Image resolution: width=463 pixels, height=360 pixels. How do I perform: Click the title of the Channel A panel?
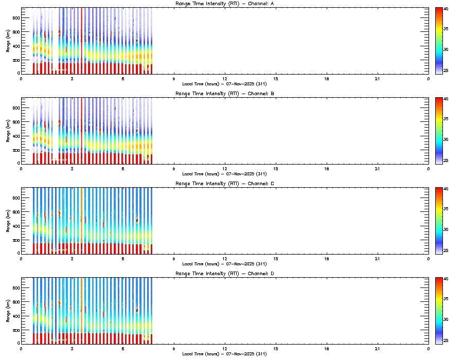point(224,4)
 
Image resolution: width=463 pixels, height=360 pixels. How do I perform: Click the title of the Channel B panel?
point(224,94)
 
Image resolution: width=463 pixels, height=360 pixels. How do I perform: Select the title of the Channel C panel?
point(224,184)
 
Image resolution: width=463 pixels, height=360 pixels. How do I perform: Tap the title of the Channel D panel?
point(224,274)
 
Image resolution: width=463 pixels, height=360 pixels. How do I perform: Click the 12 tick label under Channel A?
point(225,79)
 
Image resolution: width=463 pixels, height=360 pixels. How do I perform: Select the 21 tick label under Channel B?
point(378,169)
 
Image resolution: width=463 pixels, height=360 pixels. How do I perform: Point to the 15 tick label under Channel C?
point(276,258)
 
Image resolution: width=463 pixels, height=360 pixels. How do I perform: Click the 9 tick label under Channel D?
point(174,348)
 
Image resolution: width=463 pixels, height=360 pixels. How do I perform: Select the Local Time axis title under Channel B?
point(224,174)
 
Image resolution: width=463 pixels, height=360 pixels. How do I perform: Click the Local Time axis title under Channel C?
point(224,263)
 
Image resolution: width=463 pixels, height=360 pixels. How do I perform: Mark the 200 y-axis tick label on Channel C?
point(15,240)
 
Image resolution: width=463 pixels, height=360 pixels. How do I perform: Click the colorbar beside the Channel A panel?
point(439,41)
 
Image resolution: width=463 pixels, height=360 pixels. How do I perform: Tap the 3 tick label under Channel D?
point(72,348)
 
